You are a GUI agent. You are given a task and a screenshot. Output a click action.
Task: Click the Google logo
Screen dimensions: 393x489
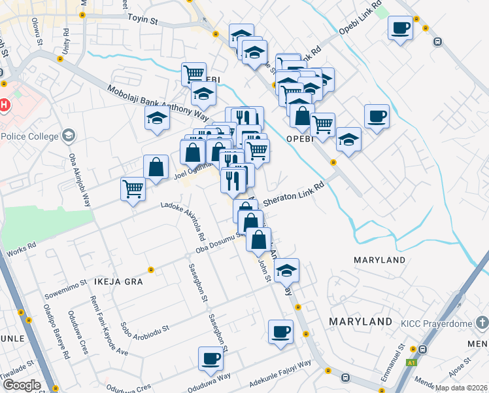click(21, 385)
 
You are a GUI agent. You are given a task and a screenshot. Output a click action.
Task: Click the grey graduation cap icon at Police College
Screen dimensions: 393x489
click(69, 136)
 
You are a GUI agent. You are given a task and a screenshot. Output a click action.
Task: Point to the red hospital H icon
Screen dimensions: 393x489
click(5, 105)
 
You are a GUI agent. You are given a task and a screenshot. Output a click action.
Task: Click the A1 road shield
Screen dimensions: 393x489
click(411, 362)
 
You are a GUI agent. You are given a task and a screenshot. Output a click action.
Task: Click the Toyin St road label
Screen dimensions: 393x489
click(143, 20)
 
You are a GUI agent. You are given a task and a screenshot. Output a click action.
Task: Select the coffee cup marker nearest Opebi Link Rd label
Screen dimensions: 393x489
click(400, 28)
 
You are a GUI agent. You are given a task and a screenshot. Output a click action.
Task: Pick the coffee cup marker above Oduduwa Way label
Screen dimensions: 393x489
click(211, 359)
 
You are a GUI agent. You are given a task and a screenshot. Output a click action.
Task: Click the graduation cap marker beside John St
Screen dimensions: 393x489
click(286, 270)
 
